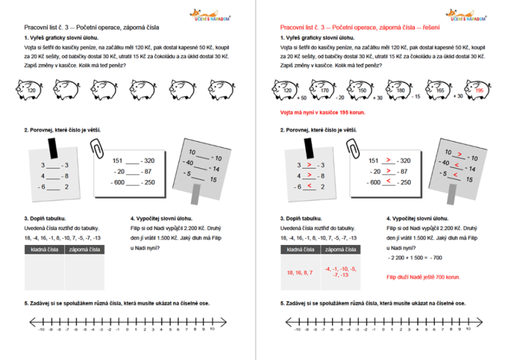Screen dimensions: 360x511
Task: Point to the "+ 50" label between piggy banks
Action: point(302,98)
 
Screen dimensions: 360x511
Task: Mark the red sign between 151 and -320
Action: point(388,160)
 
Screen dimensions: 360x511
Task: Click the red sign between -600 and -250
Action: point(388,182)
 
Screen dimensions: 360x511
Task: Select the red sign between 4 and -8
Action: point(308,176)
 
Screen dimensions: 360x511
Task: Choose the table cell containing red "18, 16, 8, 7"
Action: point(299,272)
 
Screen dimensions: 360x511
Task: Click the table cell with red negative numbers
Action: point(340,272)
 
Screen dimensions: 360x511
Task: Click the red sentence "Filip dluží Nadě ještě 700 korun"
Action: point(423,276)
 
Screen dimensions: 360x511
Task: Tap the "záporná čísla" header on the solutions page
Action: point(340,249)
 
